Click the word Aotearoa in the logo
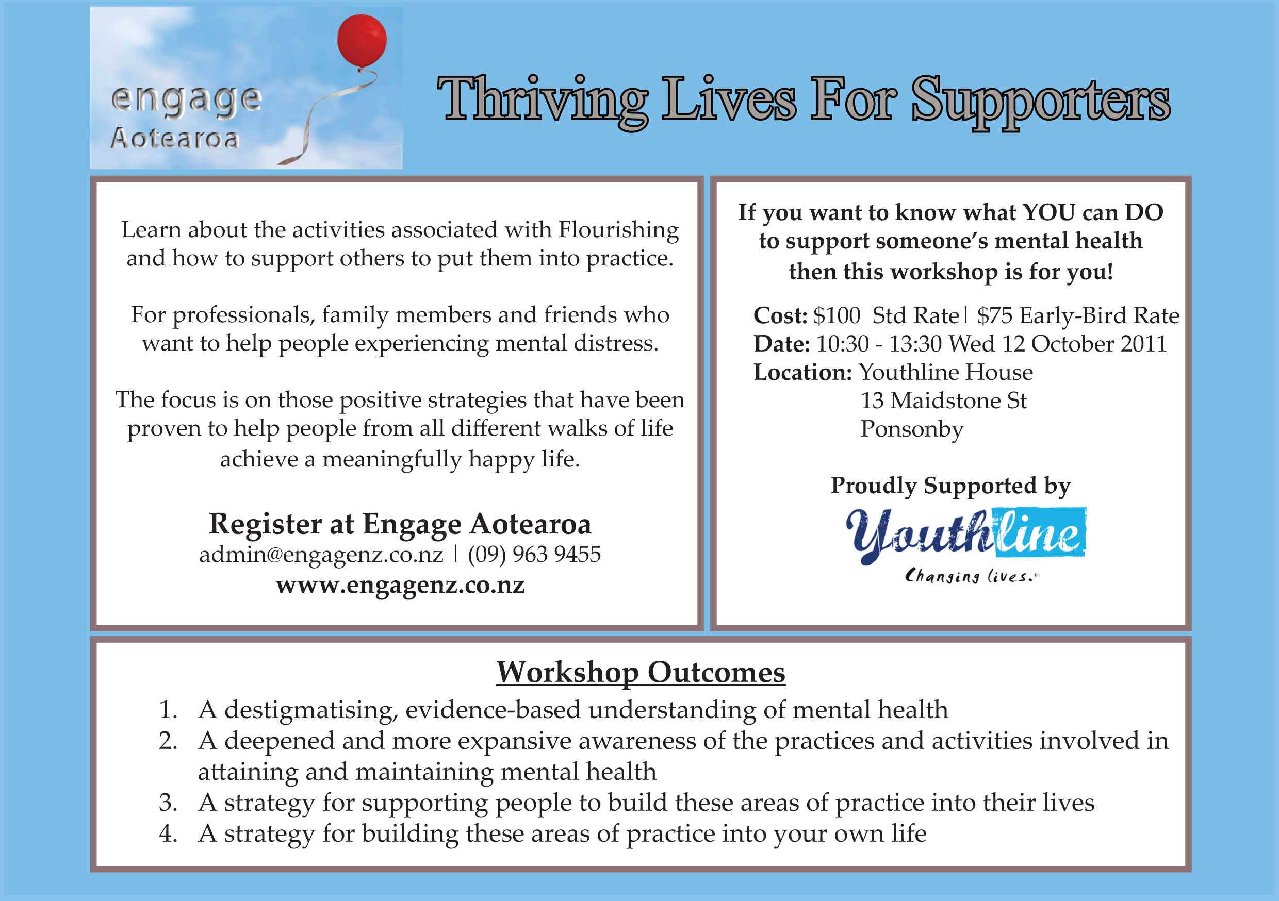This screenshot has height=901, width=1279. click(x=175, y=139)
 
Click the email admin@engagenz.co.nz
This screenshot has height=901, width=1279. click(x=321, y=554)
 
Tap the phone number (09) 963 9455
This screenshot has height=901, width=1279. click(x=534, y=554)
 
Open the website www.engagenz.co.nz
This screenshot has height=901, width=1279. click(x=400, y=585)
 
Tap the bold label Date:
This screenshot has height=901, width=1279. click(x=781, y=344)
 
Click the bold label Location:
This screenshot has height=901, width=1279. click(x=802, y=372)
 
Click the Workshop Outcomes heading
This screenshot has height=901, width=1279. click(x=641, y=673)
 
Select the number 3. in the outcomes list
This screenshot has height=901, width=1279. click(x=168, y=803)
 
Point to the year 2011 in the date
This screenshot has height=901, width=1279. click(x=1144, y=344)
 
